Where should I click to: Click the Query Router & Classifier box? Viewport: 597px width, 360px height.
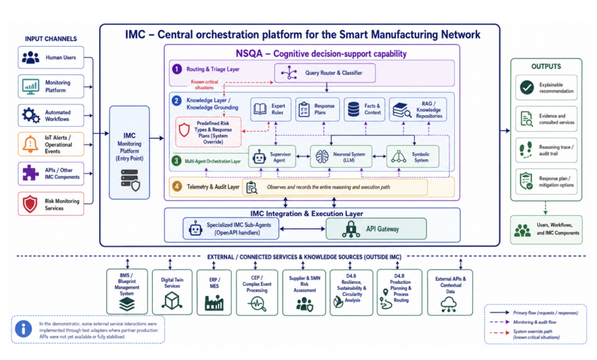pyautogui.click(x=325, y=73)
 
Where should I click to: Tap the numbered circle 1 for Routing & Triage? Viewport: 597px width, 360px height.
pyautogui.click(x=177, y=69)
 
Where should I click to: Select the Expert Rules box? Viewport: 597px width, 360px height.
pyautogui.click(x=271, y=109)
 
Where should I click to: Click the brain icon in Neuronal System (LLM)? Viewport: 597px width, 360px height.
pyautogui.click(x=322, y=156)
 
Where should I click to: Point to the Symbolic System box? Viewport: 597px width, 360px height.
pyautogui.click(x=413, y=156)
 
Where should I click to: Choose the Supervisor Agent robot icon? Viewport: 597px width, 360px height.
pyautogui.click(x=259, y=156)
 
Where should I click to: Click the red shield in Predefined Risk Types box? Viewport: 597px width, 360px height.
pyautogui.click(x=184, y=130)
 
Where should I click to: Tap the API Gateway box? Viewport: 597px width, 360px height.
pyautogui.click(x=376, y=229)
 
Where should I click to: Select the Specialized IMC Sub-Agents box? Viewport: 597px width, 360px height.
pyautogui.click(x=231, y=229)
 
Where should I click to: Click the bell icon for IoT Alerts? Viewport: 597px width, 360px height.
pyautogui.click(x=30, y=144)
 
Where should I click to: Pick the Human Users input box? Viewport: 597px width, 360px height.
pyautogui.click(x=51, y=58)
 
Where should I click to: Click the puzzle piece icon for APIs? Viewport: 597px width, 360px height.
pyautogui.click(x=30, y=173)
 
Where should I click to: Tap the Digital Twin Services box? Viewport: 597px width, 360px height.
pyautogui.click(x=172, y=292)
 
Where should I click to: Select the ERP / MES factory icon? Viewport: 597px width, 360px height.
pyautogui.click(x=214, y=302)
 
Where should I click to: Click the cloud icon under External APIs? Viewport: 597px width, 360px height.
pyautogui.click(x=449, y=305)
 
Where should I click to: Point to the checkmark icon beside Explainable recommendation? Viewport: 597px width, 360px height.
pyautogui.click(x=527, y=88)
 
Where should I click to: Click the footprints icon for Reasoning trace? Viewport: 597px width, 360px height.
pyautogui.click(x=526, y=150)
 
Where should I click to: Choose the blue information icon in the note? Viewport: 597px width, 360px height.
pyautogui.click(x=23, y=328)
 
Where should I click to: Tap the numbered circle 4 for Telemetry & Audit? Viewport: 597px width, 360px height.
pyautogui.click(x=177, y=186)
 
